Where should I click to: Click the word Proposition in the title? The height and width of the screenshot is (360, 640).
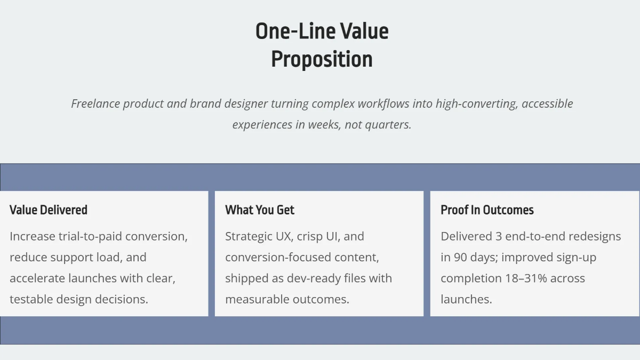[322, 59]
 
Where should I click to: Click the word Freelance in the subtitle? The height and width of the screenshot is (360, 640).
[95, 103]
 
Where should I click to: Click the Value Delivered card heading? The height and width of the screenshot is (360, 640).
[49, 210]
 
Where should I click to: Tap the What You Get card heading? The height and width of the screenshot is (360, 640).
[260, 210]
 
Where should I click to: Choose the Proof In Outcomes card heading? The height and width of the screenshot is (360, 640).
[487, 210]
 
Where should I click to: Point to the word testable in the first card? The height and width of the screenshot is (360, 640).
[31, 299]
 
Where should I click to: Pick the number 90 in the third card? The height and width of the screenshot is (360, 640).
[461, 257]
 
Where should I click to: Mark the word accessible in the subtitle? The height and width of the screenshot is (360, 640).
[547, 103]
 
